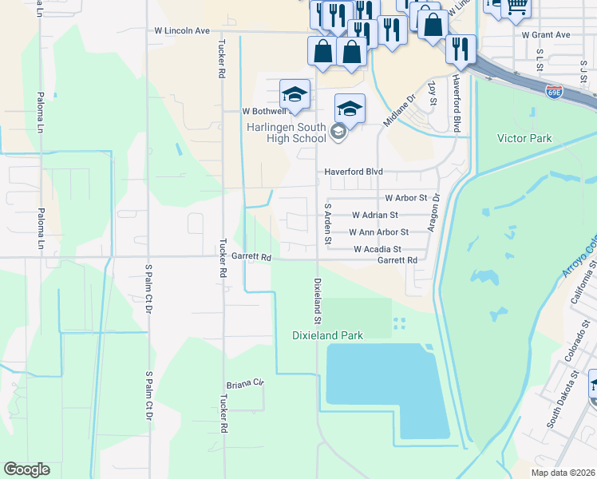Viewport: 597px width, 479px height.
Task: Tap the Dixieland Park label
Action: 327,335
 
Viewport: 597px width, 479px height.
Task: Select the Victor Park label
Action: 524,138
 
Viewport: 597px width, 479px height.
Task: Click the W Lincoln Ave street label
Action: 182,30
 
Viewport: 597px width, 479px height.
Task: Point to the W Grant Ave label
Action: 546,35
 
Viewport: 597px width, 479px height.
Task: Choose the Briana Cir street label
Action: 244,383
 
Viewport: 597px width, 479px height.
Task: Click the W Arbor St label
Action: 406,197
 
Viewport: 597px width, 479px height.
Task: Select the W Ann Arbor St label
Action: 379,232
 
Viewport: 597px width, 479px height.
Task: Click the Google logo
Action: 26,469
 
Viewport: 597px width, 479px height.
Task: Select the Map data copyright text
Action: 563,473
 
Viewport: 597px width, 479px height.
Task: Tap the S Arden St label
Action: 326,223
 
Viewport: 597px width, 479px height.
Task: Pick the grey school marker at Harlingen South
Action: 338,131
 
